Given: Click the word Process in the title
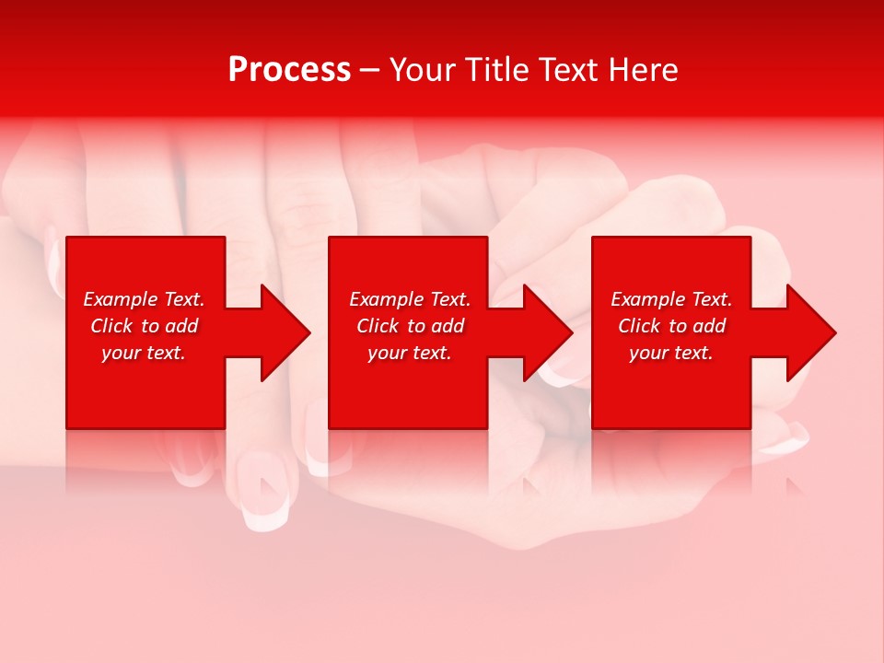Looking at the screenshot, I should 289,70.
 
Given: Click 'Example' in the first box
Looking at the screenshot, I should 121,299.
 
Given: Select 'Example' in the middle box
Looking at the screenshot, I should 387,299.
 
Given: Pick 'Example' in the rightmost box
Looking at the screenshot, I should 648,299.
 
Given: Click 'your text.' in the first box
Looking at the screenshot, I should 144,353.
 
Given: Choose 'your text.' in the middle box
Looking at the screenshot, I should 409,353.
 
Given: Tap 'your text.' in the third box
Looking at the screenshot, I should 670,353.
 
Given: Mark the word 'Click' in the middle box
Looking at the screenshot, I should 378,326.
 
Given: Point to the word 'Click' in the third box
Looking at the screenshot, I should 639,326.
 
